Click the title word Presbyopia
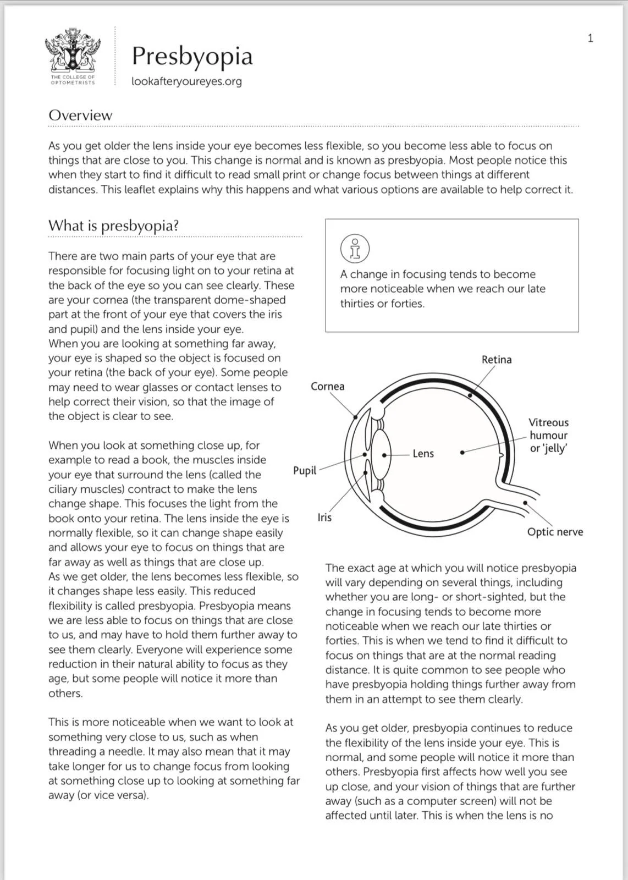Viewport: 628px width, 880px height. tap(192, 56)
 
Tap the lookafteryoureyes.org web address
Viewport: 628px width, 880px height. tap(186, 81)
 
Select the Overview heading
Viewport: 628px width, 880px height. tap(80, 116)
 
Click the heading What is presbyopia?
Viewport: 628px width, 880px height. tap(113, 226)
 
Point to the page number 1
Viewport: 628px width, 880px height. tap(591, 38)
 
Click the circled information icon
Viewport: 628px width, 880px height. tap(355, 249)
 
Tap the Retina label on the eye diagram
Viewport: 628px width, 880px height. tap(497, 360)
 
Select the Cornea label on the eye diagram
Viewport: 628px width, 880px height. tap(327, 386)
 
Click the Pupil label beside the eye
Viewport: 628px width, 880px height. tap(305, 470)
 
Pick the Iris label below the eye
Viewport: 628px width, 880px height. tap(324, 518)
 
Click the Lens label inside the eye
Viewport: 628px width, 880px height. tap(423, 454)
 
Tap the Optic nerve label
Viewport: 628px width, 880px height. tap(555, 532)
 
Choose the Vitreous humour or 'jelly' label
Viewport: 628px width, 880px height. tap(548, 435)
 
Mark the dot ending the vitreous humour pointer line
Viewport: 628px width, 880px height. tap(462, 452)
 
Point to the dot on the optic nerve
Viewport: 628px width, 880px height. tap(525, 503)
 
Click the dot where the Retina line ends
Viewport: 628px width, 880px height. tap(470, 394)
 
